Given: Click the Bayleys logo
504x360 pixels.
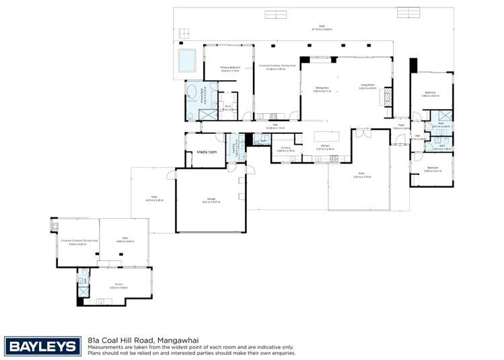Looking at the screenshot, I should click(x=41, y=346).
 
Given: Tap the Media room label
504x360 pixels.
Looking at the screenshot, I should click(x=207, y=152).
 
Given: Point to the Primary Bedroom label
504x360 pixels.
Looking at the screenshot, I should click(x=230, y=68).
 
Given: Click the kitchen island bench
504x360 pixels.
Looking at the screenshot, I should click(x=326, y=136).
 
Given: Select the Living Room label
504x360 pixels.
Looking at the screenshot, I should click(x=367, y=86).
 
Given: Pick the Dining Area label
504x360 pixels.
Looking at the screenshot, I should click(x=322, y=88).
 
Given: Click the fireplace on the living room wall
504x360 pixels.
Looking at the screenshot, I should click(x=386, y=97).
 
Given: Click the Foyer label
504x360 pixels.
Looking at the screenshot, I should click(x=401, y=126).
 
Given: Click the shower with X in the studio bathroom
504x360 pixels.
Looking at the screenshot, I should click(x=83, y=291).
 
